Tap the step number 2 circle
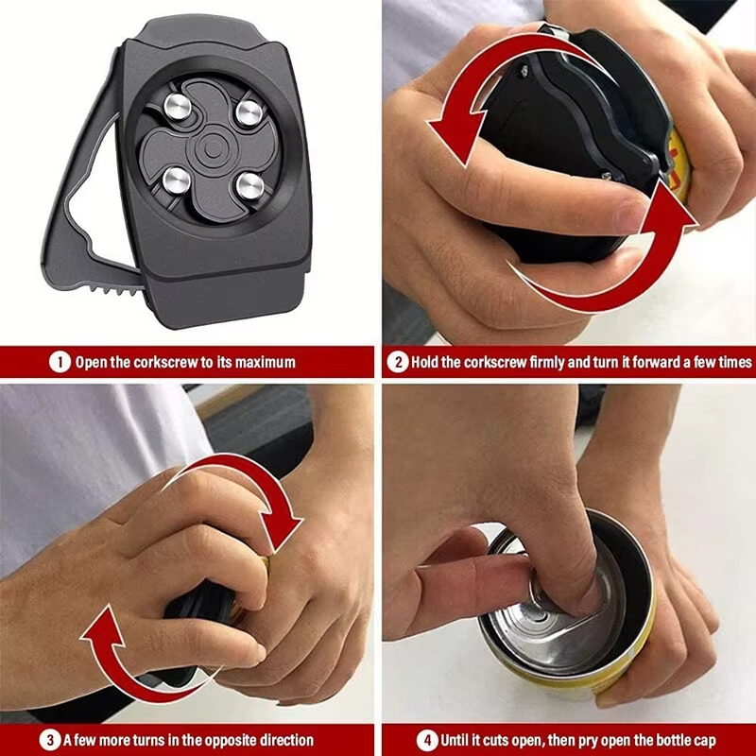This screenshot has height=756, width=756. pyautogui.click(x=399, y=362)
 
